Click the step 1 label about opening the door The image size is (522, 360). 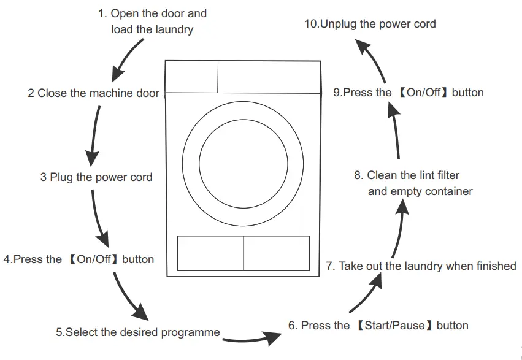point(152,21)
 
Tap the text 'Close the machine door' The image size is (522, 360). point(93,93)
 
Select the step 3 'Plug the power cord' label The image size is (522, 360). point(96,178)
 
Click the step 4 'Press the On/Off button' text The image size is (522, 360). point(79,259)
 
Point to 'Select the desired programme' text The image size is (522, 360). point(138,332)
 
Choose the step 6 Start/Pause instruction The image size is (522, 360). point(378,326)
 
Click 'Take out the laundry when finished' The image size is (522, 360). point(421,266)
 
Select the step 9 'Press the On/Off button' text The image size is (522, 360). point(409,93)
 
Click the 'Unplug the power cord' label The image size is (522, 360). point(370,24)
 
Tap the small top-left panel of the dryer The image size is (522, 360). point(192,77)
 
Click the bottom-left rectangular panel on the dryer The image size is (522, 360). point(210,253)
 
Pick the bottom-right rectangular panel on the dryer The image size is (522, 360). point(276,253)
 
